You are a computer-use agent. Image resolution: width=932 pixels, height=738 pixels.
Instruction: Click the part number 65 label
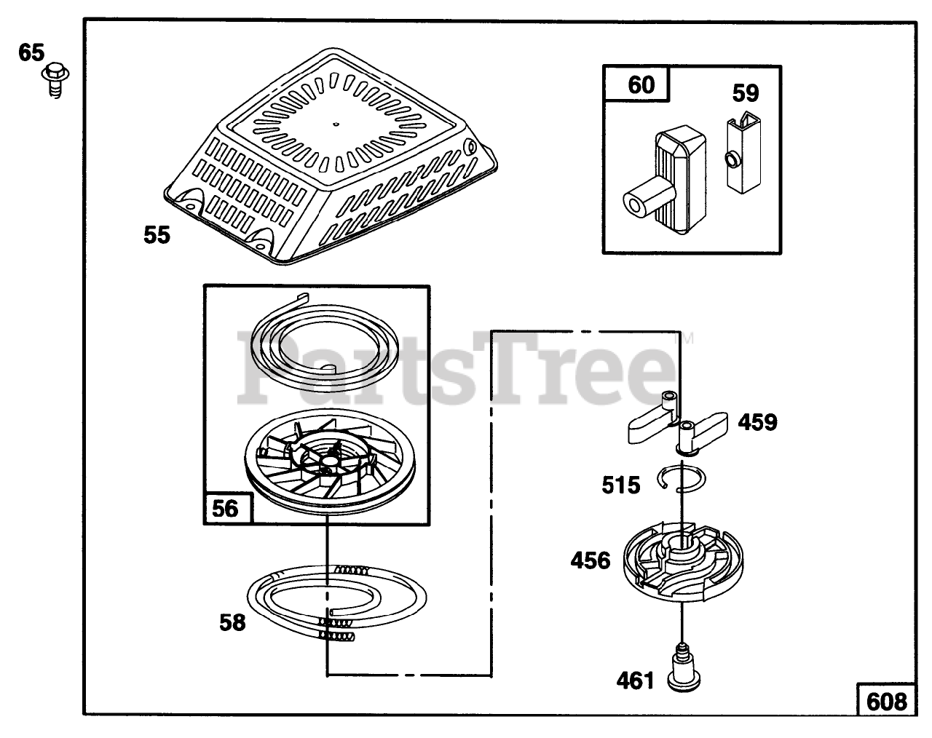(x=31, y=53)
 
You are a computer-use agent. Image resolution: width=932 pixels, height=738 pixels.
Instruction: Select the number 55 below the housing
(x=157, y=235)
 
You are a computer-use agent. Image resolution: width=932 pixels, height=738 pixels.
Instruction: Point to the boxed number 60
(x=641, y=85)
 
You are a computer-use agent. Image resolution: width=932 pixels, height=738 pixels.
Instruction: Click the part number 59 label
(x=745, y=93)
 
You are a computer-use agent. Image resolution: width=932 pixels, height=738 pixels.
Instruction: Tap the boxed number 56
(x=225, y=507)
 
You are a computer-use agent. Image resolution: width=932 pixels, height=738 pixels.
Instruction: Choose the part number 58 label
(x=233, y=623)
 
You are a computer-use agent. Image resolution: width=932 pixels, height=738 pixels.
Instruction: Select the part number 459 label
(x=757, y=422)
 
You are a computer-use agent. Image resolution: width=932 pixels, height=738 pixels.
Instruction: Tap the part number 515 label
(x=620, y=485)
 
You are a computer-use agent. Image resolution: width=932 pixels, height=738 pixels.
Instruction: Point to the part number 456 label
(x=590, y=560)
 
